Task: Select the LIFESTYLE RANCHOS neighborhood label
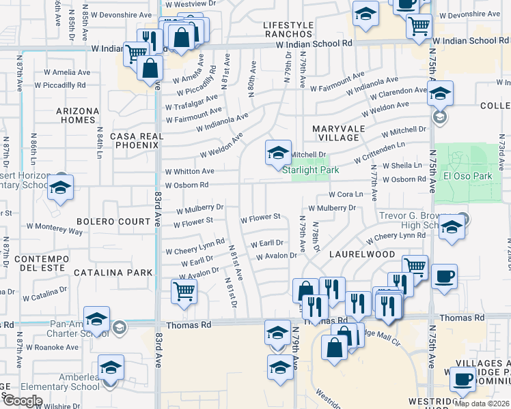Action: pyautogui.click(x=288, y=30)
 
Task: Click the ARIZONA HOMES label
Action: pyautogui.click(x=77, y=115)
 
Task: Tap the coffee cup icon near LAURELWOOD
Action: pyautogui.click(x=444, y=277)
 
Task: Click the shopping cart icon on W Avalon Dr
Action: pyautogui.click(x=184, y=292)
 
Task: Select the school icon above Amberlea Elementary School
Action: pyautogui.click(x=111, y=368)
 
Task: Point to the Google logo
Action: pyautogui.click(x=23, y=401)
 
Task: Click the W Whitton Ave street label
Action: pyautogui.click(x=189, y=171)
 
